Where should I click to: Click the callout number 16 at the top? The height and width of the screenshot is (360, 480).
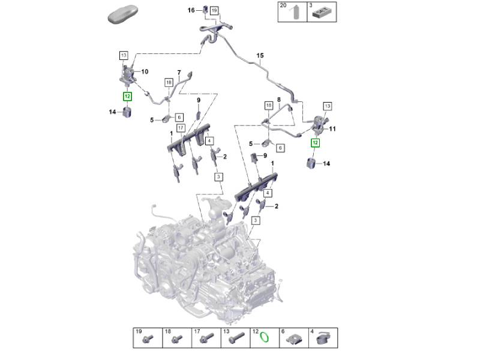pos(191,10)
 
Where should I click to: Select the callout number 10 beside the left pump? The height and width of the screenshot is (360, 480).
pos(144,71)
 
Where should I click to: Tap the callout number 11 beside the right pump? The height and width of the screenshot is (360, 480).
pos(333,129)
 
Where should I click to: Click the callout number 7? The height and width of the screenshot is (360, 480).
pos(178,72)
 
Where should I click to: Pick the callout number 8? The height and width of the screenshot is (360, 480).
pos(278,99)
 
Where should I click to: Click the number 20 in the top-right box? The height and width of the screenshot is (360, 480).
pos(283,5)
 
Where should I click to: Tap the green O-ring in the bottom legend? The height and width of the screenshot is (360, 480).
pos(263,339)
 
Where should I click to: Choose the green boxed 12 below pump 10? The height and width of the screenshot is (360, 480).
pos(127,96)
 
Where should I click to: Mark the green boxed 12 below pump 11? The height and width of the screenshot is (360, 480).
pos(315,143)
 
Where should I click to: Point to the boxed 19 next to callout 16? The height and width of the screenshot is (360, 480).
pos(214,10)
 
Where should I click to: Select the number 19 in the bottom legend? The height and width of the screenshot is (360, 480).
pos(138,331)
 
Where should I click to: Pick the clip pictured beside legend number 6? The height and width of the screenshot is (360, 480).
pos(294,340)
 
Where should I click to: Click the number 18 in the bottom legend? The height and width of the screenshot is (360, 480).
pos(167,331)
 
